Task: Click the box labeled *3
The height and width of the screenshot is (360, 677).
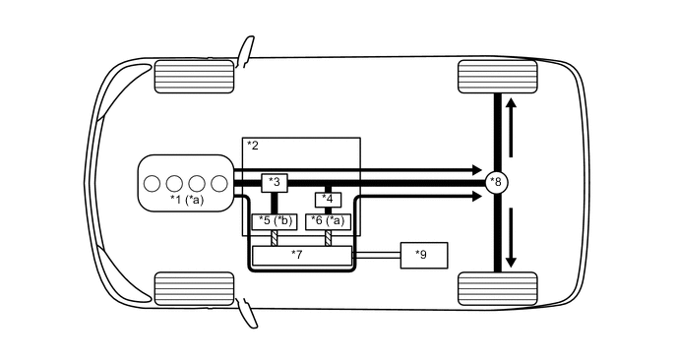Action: point(275,182)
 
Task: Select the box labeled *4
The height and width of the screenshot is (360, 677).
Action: point(329,200)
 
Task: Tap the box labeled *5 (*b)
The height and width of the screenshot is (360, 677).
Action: point(275,221)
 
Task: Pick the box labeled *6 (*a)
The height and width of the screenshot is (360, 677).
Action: point(329,221)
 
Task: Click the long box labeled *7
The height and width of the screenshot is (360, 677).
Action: point(302,255)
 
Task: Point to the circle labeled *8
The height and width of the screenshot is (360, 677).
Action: point(497,182)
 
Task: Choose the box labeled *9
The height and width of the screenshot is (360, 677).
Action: point(422,255)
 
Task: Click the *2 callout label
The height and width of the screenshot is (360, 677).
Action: point(253,146)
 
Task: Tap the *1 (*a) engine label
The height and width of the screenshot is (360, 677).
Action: point(186,200)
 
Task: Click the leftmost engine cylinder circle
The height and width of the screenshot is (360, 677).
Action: point(153,182)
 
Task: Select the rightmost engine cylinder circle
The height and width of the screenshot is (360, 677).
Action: point(219,182)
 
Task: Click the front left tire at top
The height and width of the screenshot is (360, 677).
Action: point(195,76)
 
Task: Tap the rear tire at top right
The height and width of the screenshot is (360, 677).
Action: point(498,76)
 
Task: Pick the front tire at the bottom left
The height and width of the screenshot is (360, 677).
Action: point(195,288)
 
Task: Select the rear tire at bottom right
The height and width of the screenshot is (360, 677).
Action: point(498,288)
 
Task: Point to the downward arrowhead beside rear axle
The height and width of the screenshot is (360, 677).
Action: point(510,262)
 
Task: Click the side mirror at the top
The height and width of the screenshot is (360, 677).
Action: point(242,48)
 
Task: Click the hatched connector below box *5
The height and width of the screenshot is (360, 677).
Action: point(275,238)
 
